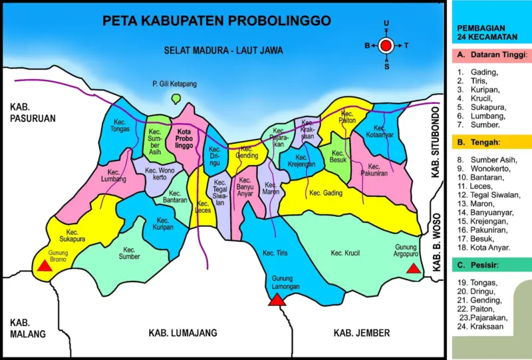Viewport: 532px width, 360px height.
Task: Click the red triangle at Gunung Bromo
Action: (x=44, y=266)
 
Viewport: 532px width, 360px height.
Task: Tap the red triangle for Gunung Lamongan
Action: (x=277, y=299)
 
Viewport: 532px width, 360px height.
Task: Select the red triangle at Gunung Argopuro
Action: (x=413, y=268)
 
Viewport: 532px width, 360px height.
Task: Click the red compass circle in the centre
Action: (x=386, y=46)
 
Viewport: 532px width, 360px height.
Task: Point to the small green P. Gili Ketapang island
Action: (x=176, y=98)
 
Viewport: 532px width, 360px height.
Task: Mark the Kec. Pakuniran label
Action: (x=374, y=170)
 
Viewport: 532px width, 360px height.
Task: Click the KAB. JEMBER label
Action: (x=362, y=333)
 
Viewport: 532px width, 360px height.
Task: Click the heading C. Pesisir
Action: (x=477, y=265)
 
